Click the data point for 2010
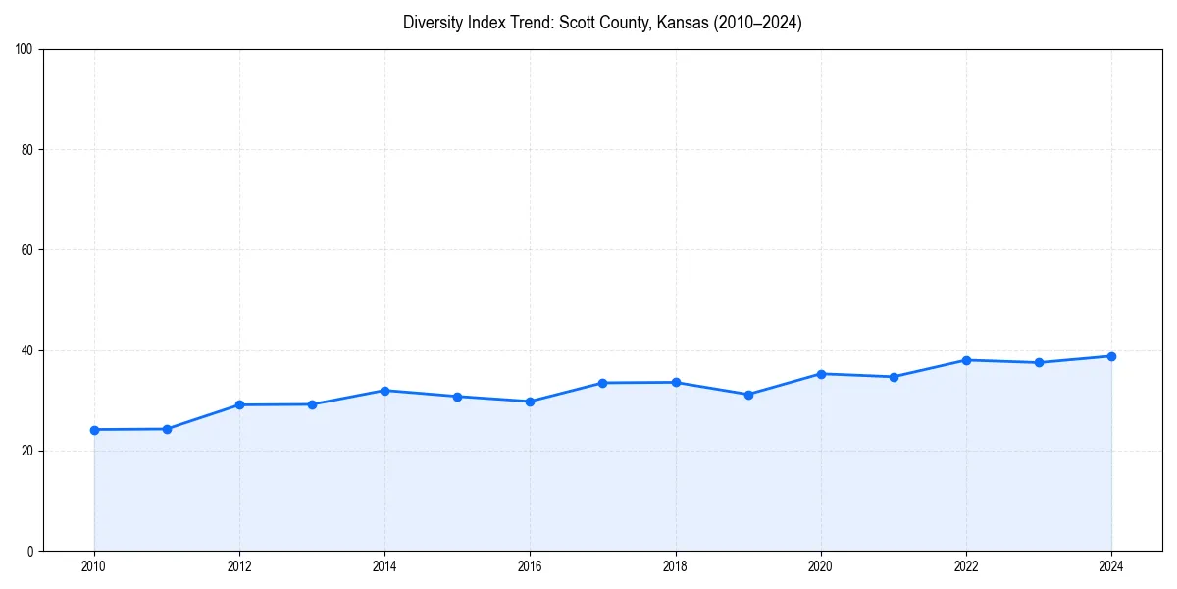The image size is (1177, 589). click(x=94, y=430)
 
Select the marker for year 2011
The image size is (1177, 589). click(x=167, y=429)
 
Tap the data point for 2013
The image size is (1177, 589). click(x=312, y=404)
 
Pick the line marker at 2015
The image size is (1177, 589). click(x=457, y=397)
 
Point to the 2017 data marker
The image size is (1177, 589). click(x=602, y=383)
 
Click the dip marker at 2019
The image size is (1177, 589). click(x=748, y=395)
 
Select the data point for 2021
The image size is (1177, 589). click(x=894, y=377)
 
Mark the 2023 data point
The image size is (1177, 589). click(x=1039, y=363)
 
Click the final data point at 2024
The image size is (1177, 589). click(x=1111, y=356)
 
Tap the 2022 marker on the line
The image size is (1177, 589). click(x=966, y=360)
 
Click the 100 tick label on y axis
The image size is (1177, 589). click(x=25, y=50)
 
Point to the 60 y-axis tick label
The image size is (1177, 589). click(x=27, y=250)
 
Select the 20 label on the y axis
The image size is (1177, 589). click(x=27, y=451)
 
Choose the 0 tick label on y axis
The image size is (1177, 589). click(x=30, y=551)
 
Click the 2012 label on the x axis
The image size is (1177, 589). click(x=239, y=566)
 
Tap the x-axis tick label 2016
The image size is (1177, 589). click(x=530, y=566)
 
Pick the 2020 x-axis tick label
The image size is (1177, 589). click(x=821, y=566)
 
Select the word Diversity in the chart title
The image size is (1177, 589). click(x=431, y=23)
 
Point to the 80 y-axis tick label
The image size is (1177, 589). click(x=27, y=150)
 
